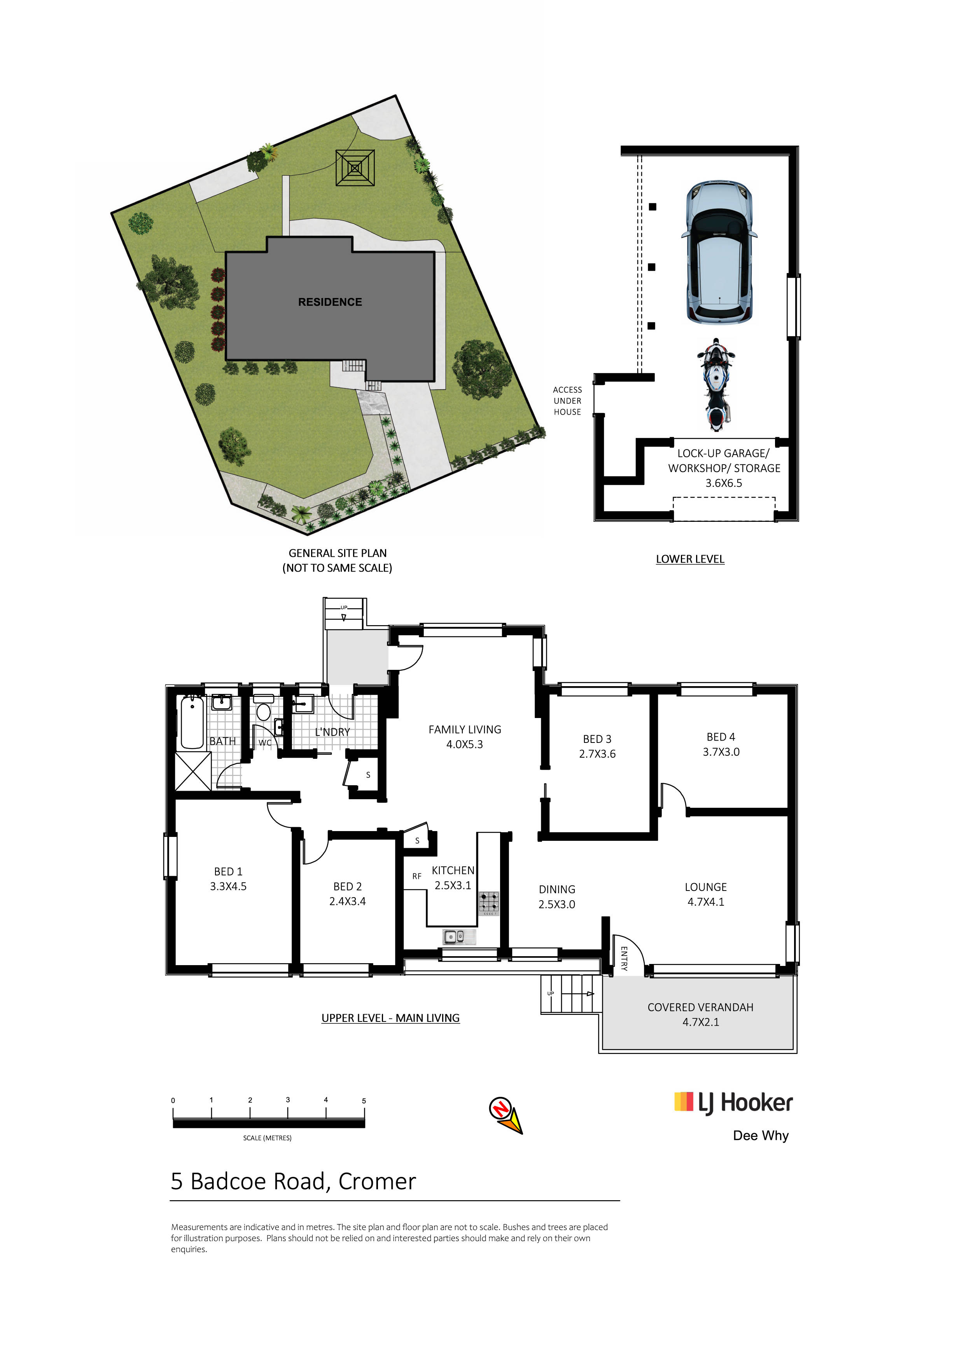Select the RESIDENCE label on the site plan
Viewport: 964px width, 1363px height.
click(330, 302)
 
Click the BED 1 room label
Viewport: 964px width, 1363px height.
click(228, 871)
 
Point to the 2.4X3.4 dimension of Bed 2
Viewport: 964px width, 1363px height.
click(348, 901)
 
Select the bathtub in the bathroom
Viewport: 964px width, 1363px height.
click(192, 722)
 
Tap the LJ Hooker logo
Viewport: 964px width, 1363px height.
click(733, 1103)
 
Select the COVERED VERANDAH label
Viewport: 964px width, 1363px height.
click(700, 1007)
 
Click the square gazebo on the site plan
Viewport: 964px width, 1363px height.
click(355, 168)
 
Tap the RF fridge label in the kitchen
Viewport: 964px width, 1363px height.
click(416, 876)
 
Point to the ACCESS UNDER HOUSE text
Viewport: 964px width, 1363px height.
click(567, 401)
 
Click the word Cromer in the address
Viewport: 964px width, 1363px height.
click(377, 1181)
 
